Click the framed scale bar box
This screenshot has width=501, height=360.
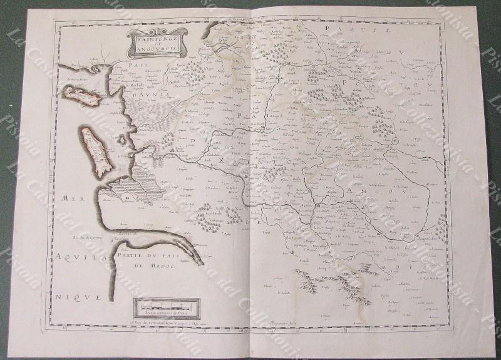tap(167, 308)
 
